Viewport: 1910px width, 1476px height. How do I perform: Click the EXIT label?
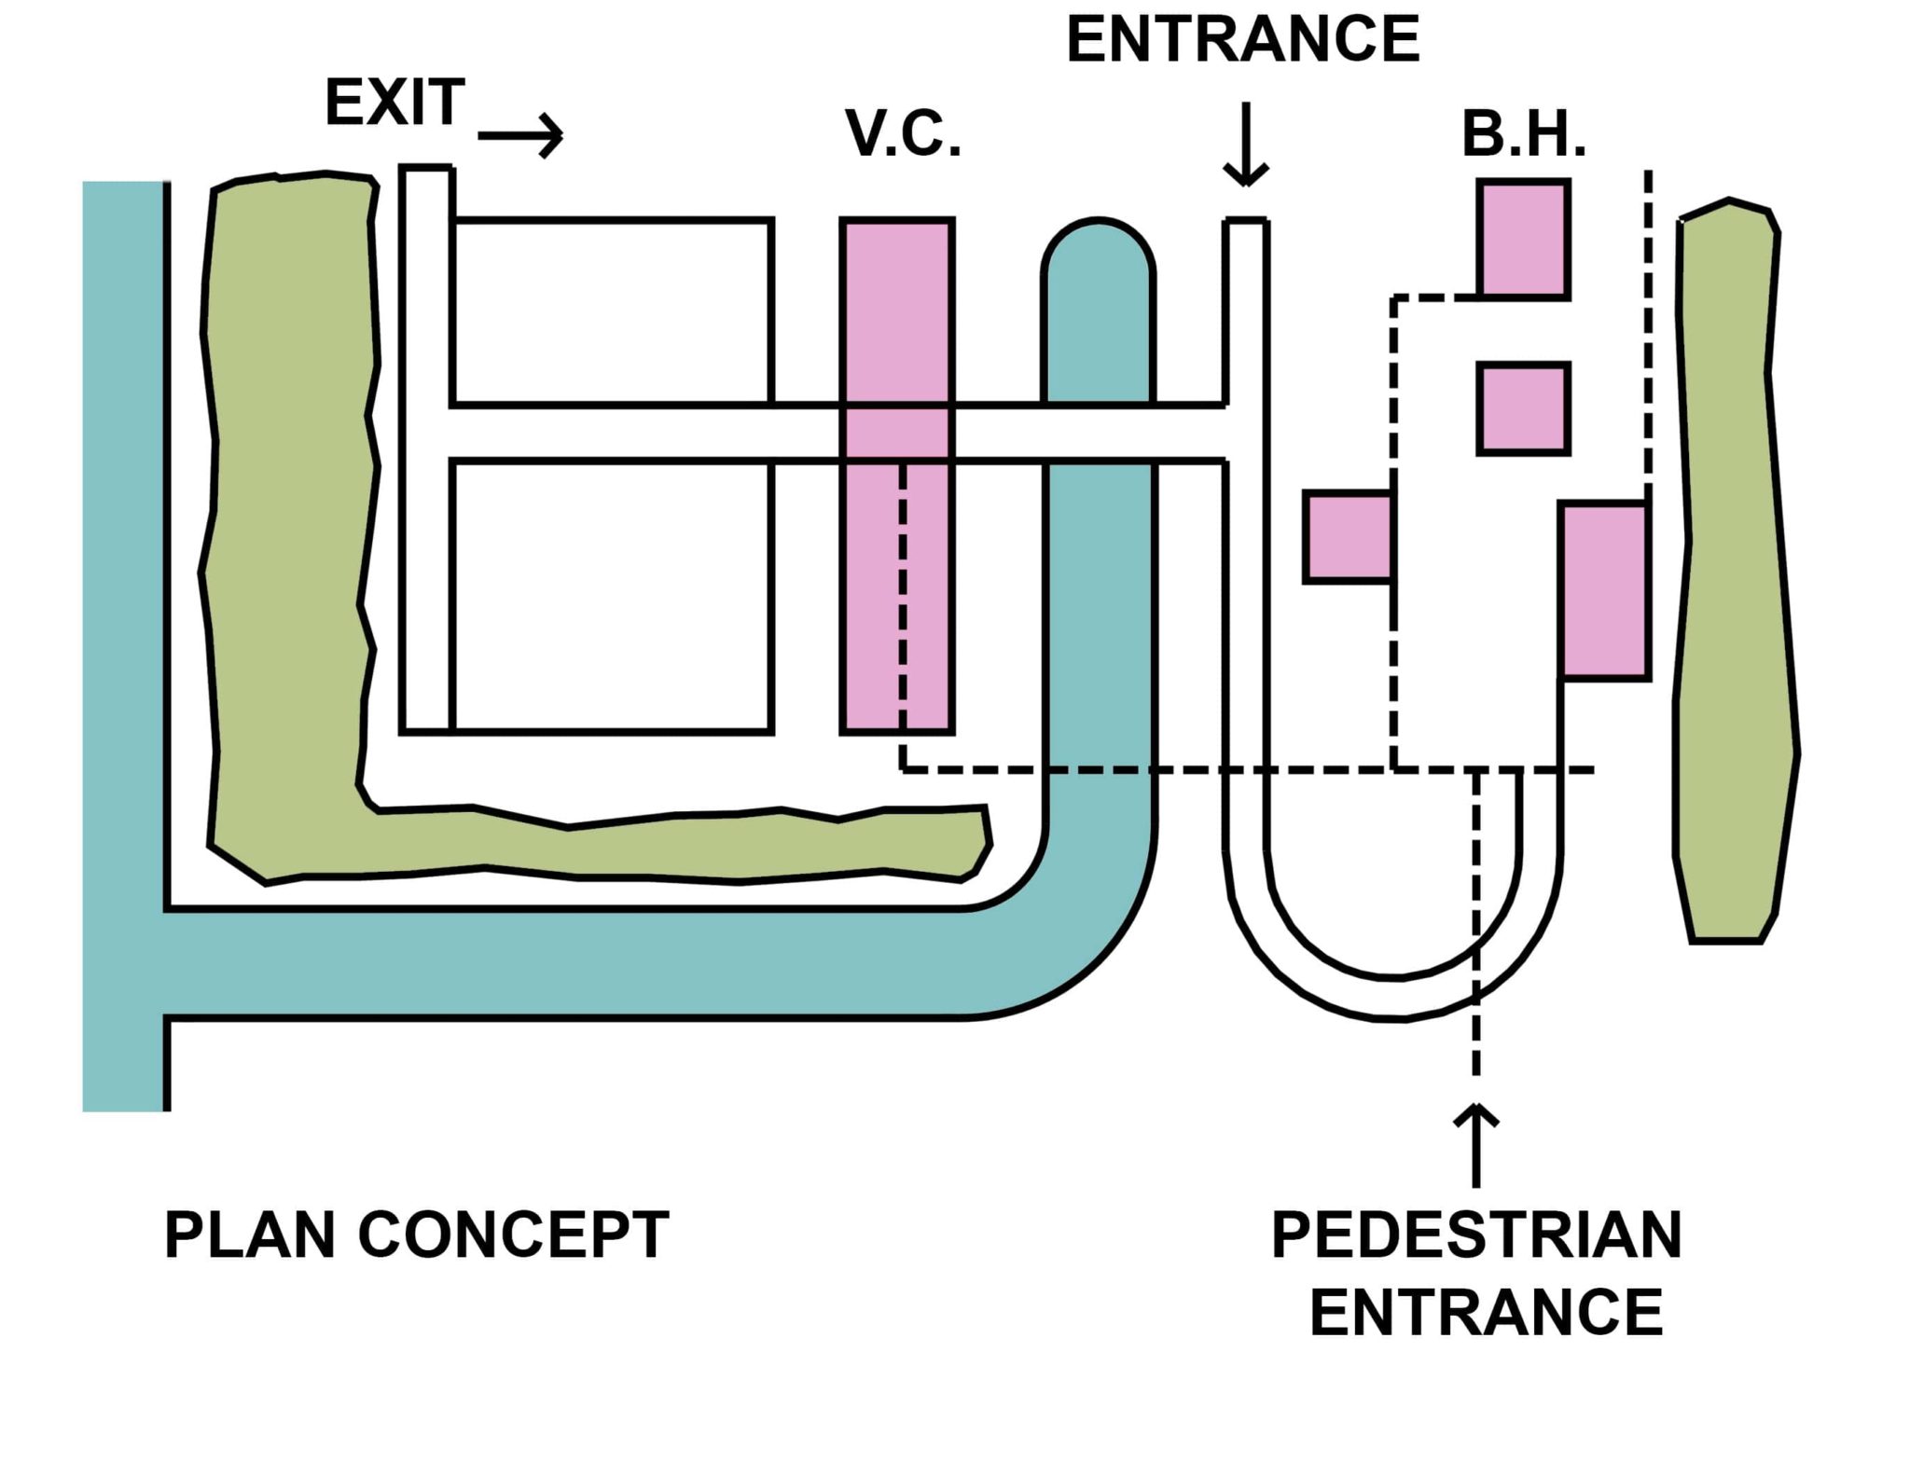point(394,103)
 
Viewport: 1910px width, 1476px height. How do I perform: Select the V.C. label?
point(903,134)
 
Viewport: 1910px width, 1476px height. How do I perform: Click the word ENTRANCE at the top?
point(1242,40)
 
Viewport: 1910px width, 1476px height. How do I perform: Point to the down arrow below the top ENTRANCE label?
point(1246,145)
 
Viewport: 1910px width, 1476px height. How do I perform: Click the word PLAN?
point(249,1235)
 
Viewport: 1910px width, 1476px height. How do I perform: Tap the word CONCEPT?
point(513,1235)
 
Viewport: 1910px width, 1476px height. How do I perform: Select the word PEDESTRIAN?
point(1476,1235)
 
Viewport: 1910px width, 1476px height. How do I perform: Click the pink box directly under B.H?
point(1523,240)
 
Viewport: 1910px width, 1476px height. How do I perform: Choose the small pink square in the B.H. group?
point(1523,408)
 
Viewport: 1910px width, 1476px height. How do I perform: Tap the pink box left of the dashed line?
point(1349,537)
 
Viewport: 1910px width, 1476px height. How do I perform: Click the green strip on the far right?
point(1733,569)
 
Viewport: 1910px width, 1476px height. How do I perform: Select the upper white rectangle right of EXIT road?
point(613,312)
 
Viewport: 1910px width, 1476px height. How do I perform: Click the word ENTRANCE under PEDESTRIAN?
point(1486,1313)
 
